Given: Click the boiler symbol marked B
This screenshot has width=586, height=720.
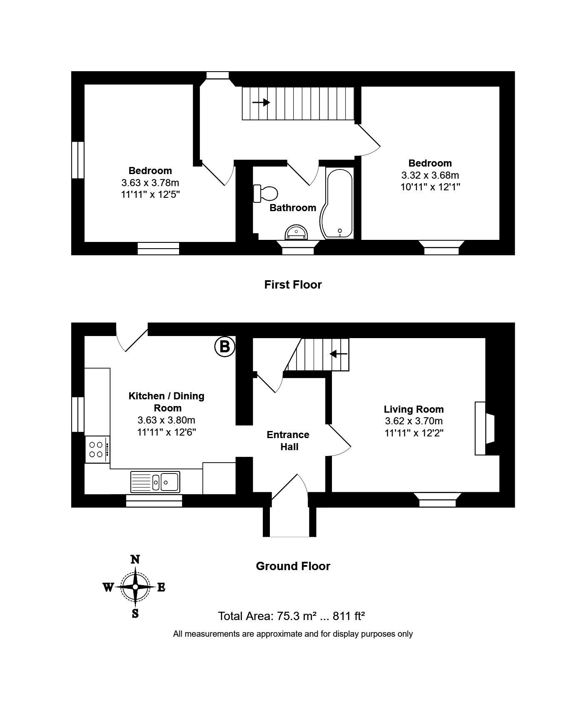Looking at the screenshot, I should (225, 346).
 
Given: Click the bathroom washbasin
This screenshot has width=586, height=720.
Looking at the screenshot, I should (296, 233).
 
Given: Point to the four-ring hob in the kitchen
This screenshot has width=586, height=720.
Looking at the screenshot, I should (97, 449).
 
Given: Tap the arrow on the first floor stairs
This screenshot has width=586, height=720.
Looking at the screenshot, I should (261, 102).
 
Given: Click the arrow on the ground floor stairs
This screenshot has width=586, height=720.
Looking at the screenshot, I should (339, 354).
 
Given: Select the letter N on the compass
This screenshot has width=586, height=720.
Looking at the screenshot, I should (135, 560).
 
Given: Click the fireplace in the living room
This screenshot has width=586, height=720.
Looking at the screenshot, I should (485, 428).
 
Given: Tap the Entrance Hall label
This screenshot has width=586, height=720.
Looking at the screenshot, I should (288, 441).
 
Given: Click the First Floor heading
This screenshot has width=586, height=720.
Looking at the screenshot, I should (293, 285).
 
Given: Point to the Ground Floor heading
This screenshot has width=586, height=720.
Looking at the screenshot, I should (293, 566).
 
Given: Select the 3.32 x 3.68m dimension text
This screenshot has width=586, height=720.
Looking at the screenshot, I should (430, 175).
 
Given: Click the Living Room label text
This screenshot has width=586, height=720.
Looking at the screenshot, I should (414, 409).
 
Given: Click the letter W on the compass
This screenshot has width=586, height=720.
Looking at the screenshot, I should (108, 588).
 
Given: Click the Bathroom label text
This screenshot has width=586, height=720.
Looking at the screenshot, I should (293, 208).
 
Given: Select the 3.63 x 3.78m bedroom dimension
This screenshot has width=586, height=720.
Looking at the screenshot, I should (150, 183).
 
